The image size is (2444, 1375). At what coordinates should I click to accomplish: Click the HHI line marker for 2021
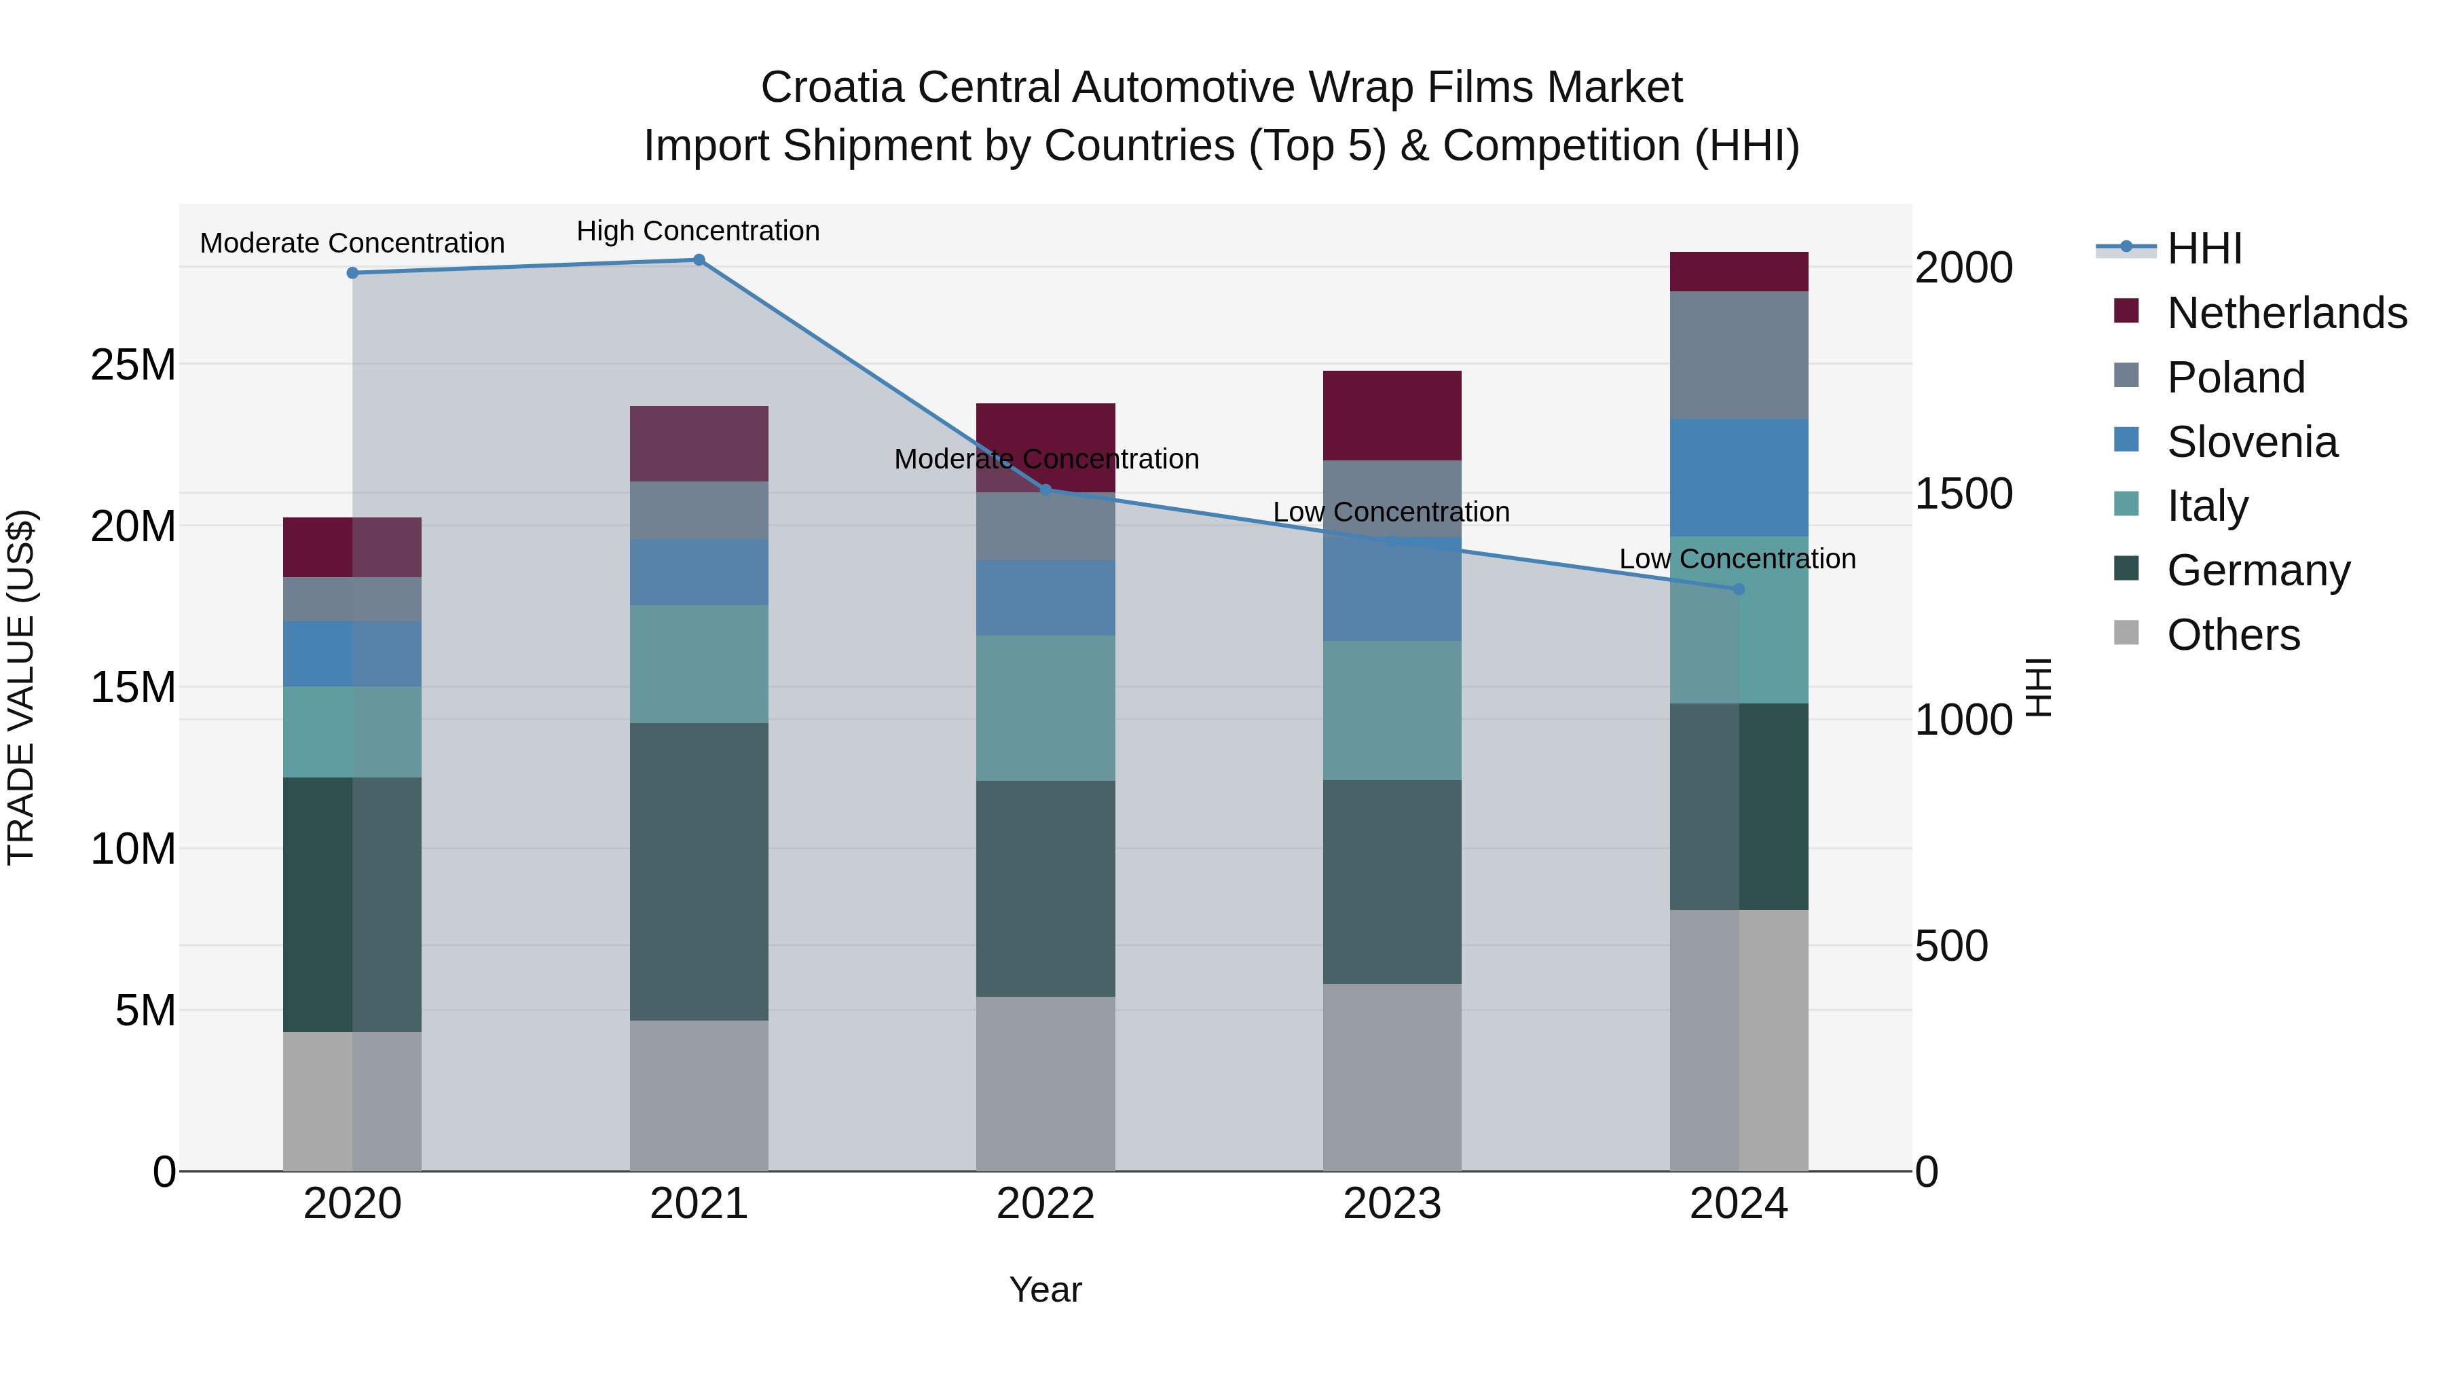coord(699,260)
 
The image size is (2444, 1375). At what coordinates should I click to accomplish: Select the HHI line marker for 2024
coord(1738,589)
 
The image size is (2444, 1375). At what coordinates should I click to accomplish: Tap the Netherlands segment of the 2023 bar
coord(1392,416)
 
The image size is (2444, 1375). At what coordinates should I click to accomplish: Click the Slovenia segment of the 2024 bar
coord(1738,477)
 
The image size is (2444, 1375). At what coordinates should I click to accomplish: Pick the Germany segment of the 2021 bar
coord(699,871)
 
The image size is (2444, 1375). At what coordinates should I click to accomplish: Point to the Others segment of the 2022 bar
coord(1045,1083)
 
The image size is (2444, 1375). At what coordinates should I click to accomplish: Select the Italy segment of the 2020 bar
coord(352,731)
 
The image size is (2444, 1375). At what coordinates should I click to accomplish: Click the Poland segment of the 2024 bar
coord(1738,355)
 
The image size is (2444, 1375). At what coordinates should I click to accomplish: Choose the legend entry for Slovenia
coord(2251,442)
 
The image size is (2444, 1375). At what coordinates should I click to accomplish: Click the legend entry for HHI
coord(2204,249)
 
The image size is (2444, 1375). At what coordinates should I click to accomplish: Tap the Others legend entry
coord(2232,635)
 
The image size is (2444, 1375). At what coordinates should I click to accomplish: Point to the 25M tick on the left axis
coord(133,365)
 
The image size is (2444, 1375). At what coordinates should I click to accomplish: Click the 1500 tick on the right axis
coord(1963,494)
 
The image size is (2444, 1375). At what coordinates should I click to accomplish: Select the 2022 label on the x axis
coord(1045,1204)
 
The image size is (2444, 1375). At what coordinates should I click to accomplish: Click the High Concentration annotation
coord(699,231)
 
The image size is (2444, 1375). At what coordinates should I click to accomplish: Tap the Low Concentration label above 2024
coord(1737,559)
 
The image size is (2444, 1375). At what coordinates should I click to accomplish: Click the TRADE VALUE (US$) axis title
coord(21,687)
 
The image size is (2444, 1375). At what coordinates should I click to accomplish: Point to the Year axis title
coord(1045,1289)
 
